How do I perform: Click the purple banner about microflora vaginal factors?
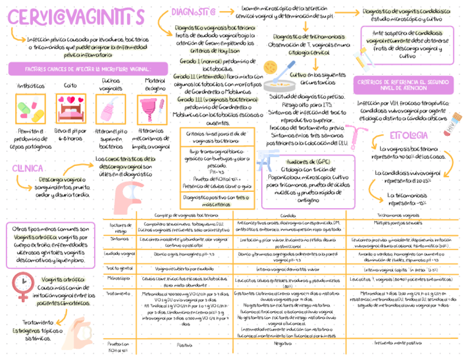tap(80, 69)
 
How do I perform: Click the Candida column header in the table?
tap(289, 215)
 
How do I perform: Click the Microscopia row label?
tap(119, 279)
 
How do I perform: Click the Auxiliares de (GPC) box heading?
tap(301, 162)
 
